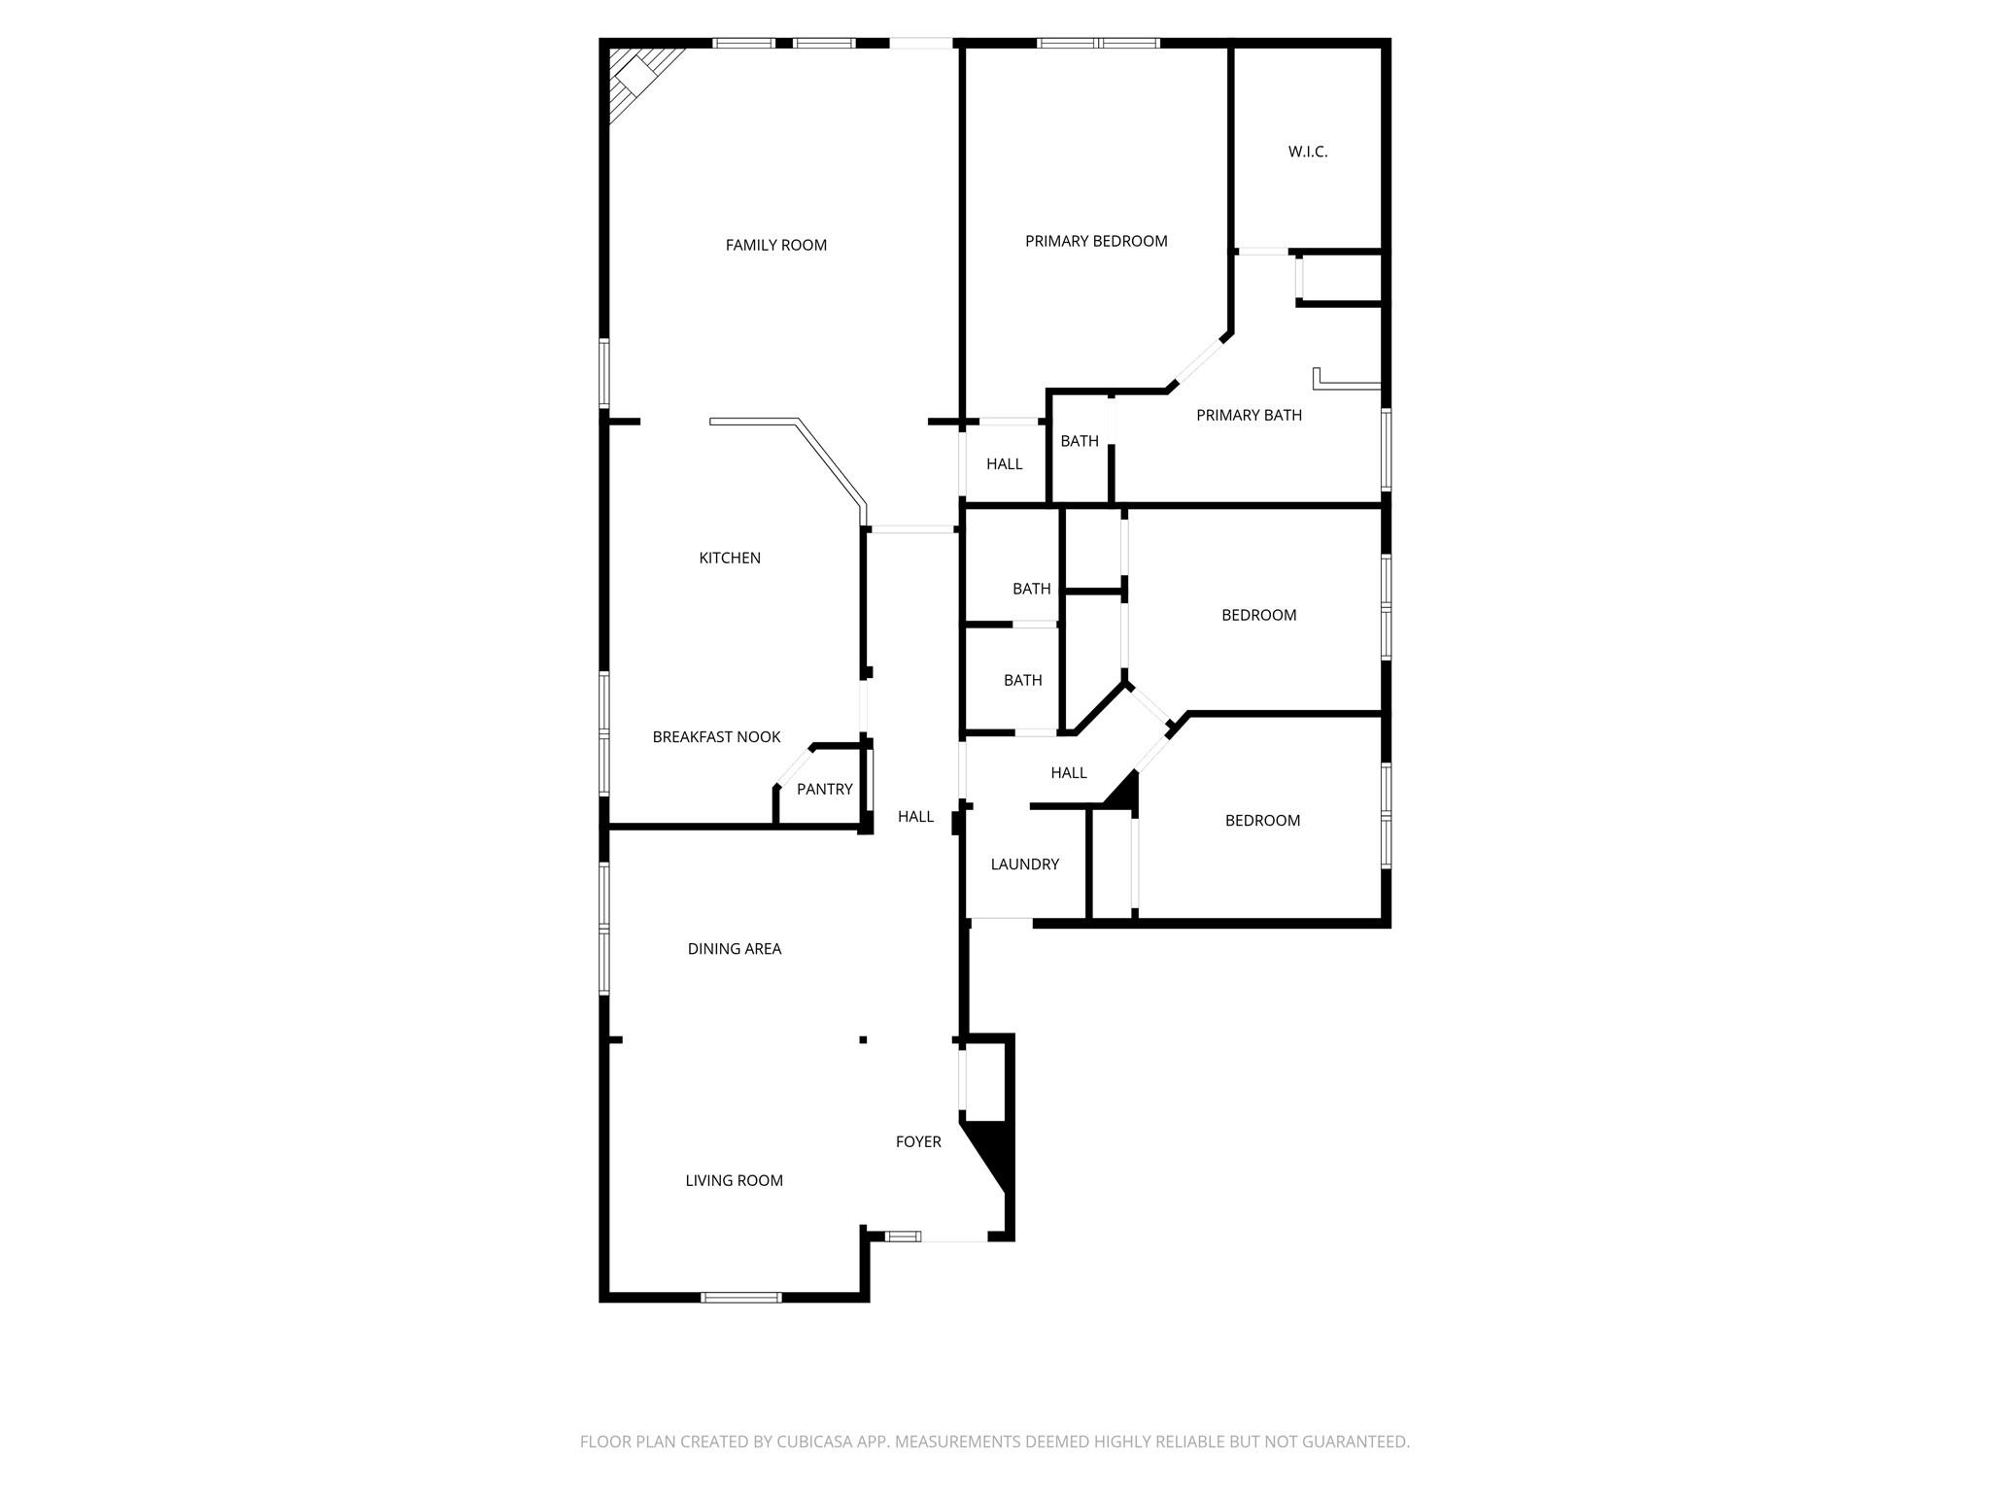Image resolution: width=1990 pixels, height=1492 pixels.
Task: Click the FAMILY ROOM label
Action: pos(775,246)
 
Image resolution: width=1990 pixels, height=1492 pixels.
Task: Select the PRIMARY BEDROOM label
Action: pos(1096,242)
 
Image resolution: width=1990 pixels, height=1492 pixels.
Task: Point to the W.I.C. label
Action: pos(1307,153)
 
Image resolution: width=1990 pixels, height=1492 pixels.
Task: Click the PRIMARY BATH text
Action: pos(1249,416)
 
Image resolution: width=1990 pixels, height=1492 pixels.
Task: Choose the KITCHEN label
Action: pos(730,559)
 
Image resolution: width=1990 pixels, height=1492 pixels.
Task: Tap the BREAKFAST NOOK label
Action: pos(716,737)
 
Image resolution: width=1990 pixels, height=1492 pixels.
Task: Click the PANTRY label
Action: pos(824,790)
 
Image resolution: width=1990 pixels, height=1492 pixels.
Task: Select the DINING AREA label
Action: pos(734,949)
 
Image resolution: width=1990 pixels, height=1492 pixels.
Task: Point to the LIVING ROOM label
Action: pos(734,1181)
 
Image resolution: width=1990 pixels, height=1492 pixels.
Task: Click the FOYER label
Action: pos(918,1142)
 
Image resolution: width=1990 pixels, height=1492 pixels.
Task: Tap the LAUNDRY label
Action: pos(1024,865)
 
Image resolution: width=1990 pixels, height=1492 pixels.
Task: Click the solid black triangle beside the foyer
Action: pos(997,1150)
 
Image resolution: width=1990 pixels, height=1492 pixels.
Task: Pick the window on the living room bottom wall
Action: pos(741,1297)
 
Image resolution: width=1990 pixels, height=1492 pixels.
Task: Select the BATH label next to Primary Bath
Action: pos(1079,442)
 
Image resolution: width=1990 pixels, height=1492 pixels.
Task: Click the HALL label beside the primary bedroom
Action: pos(1004,464)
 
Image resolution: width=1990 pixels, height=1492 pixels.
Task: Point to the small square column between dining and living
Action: pos(863,1040)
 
